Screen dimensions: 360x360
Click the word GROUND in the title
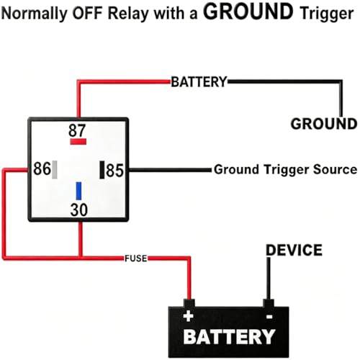pyautogui.click(x=248, y=12)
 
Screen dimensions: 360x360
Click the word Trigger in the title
pyautogui.click(x=327, y=14)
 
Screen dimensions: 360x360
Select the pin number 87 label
pyautogui.click(x=77, y=130)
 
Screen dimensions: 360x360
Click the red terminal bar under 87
pyautogui.click(x=78, y=142)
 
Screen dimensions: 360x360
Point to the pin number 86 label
pyautogui.click(x=42, y=168)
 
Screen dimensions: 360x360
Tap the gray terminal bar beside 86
pyautogui.click(x=55, y=170)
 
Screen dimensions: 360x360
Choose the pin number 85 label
pyautogui.click(x=114, y=171)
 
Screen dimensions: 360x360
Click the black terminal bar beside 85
pyautogui.click(x=102, y=170)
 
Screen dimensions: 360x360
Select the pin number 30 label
pyautogui.click(x=79, y=210)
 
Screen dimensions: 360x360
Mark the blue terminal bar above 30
pyautogui.click(x=78, y=191)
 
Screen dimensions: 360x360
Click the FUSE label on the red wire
pyautogui.click(x=136, y=258)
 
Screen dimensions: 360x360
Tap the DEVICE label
pyautogui.click(x=294, y=250)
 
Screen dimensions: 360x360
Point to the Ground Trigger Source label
pyautogui.click(x=286, y=169)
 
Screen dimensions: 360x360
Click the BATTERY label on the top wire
pyautogui.click(x=199, y=82)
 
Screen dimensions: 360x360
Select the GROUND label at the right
pyautogui.click(x=324, y=124)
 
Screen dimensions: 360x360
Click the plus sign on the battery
pyautogui.click(x=189, y=316)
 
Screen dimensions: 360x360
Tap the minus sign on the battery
pyautogui.click(x=269, y=317)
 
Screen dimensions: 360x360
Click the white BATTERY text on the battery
pyautogui.click(x=229, y=336)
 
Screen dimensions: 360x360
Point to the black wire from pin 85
pyautogui.click(x=170, y=170)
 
